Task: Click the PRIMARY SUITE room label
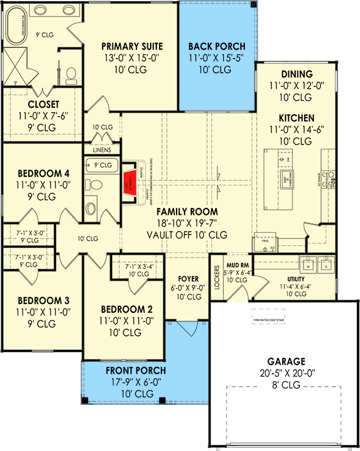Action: (131, 46)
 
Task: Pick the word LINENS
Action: (102, 151)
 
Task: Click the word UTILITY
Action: (296, 278)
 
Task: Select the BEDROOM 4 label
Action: (35, 173)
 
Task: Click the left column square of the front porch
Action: (85, 400)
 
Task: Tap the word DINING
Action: (295, 74)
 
